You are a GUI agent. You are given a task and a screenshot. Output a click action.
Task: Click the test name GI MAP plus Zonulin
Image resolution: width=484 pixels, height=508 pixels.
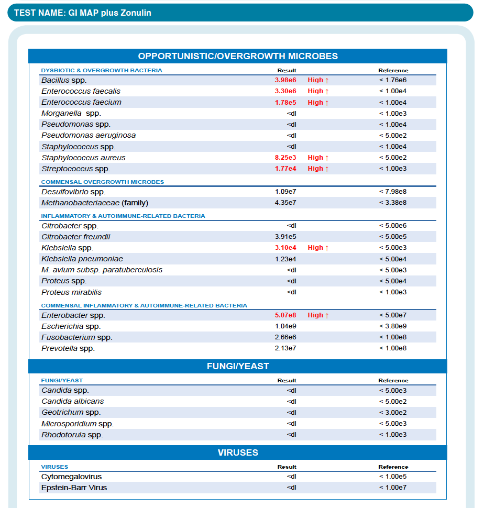coord(83,13)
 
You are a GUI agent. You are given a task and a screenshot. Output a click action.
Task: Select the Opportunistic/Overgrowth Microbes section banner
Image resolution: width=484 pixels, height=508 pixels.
coord(238,56)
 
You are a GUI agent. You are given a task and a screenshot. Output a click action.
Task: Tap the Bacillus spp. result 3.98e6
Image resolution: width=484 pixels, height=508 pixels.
coord(285,80)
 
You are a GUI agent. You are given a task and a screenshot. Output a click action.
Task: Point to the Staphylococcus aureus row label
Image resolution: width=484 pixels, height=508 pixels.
coord(83,158)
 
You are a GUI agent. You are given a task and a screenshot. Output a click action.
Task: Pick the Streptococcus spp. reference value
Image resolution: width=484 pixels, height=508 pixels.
coord(393,169)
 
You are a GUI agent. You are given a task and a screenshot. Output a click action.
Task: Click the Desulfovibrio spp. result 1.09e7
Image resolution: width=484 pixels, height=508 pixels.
coord(285,192)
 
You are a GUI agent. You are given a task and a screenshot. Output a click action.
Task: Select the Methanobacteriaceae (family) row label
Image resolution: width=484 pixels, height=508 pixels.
coord(95,203)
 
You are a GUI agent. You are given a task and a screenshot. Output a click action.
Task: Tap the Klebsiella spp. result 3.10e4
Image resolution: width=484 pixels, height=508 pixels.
coord(285,248)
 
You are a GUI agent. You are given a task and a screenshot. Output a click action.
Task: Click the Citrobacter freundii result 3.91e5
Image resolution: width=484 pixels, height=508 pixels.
coord(285,237)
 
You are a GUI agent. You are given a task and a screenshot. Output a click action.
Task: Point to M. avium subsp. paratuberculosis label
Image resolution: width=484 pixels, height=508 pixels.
coord(102,270)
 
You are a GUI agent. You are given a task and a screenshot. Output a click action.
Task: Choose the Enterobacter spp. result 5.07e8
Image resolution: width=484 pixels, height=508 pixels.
coord(285,315)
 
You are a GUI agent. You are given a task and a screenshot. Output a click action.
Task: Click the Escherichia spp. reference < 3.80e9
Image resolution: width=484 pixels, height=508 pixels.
coord(393,326)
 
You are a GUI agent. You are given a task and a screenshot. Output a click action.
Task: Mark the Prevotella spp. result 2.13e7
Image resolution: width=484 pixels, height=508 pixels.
coord(285,348)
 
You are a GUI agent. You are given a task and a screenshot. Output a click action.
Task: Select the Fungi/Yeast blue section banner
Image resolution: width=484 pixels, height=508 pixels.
coord(238,366)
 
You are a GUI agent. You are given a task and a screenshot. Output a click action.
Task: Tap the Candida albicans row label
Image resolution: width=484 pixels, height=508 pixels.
coord(72,401)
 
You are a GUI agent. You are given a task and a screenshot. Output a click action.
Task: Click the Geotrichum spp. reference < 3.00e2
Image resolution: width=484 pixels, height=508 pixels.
coord(393,413)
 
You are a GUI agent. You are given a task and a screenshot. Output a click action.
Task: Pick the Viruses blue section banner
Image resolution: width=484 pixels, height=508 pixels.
coord(238,452)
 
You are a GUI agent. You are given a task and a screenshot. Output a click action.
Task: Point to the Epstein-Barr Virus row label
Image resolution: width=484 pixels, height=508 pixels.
coord(74,488)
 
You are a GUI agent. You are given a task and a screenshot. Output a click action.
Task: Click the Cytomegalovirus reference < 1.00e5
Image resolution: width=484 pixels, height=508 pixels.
coord(393,477)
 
